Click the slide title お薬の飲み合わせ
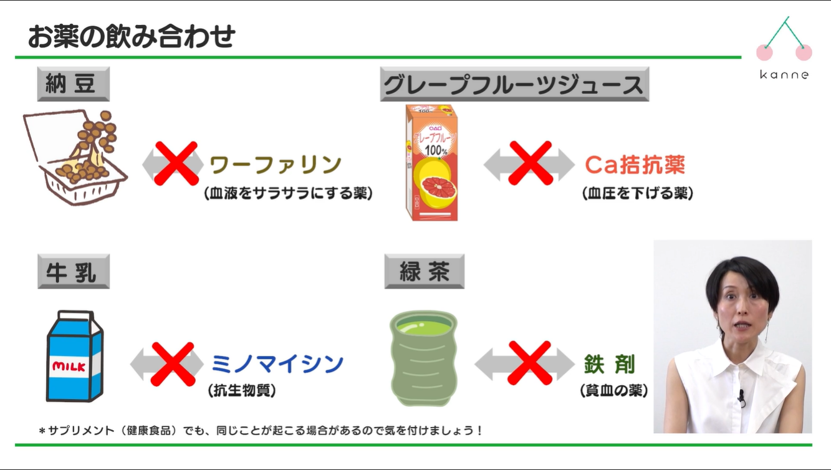(x=132, y=37)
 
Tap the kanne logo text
(x=784, y=75)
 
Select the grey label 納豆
(x=74, y=84)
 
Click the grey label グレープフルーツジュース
(x=514, y=84)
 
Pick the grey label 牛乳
(x=74, y=272)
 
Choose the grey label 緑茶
(x=425, y=272)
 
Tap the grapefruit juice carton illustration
(x=431, y=163)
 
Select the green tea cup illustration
(x=423, y=358)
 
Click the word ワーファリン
(x=276, y=165)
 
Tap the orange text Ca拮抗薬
(x=635, y=165)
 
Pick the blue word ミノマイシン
(x=277, y=364)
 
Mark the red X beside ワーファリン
(x=176, y=164)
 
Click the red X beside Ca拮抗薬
(x=531, y=163)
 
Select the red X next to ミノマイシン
(x=173, y=363)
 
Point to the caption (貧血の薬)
(x=613, y=391)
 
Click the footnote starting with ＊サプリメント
(x=261, y=431)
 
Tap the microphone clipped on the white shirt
(x=741, y=396)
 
